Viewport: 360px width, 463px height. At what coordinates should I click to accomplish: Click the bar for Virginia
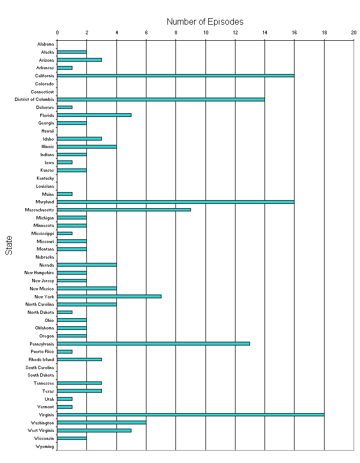point(190,415)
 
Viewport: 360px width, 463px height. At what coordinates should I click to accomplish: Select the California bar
point(175,76)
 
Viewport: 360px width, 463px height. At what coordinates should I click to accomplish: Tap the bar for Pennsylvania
point(153,343)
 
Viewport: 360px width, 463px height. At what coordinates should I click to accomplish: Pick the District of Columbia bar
point(161,99)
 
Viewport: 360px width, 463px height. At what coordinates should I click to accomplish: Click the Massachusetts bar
point(124,210)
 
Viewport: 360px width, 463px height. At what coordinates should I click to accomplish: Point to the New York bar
point(109,296)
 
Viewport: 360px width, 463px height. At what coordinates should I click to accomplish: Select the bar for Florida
point(94,115)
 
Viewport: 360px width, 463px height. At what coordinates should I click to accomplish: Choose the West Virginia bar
point(94,430)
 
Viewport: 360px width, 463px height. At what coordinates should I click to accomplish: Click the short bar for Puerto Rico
point(64,351)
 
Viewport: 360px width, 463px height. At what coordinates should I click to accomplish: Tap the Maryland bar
point(175,202)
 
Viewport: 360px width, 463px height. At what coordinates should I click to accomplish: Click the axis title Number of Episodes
point(205,22)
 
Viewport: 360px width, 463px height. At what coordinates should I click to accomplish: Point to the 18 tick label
point(324,33)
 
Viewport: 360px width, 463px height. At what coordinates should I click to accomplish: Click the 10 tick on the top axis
point(205,33)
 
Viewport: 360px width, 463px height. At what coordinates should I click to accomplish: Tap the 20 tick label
point(354,33)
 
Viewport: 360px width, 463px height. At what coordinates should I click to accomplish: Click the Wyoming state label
point(45,446)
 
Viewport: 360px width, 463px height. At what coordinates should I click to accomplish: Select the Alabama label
point(46,44)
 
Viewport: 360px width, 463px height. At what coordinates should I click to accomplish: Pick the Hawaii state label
point(47,131)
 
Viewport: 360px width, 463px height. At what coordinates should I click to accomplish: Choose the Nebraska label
point(45,257)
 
